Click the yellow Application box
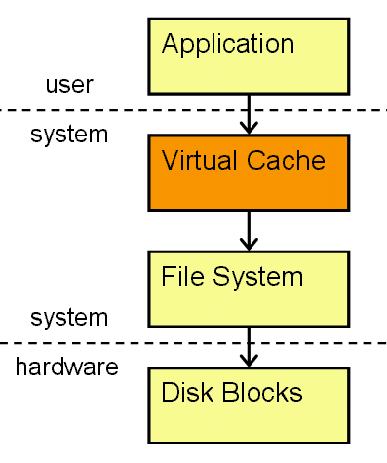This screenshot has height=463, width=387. tap(248, 54)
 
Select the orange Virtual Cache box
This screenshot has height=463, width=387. tap(248, 172)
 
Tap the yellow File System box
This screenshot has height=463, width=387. tap(248, 288)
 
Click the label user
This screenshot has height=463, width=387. tap(69, 85)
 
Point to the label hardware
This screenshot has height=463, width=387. tap(66, 367)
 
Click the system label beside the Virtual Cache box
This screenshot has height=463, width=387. tap(69, 135)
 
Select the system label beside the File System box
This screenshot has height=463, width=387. tap(69, 318)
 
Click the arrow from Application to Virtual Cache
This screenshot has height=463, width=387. tap(249, 112)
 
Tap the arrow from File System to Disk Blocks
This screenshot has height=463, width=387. tap(249, 346)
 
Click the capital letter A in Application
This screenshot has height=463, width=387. tap(173, 44)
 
